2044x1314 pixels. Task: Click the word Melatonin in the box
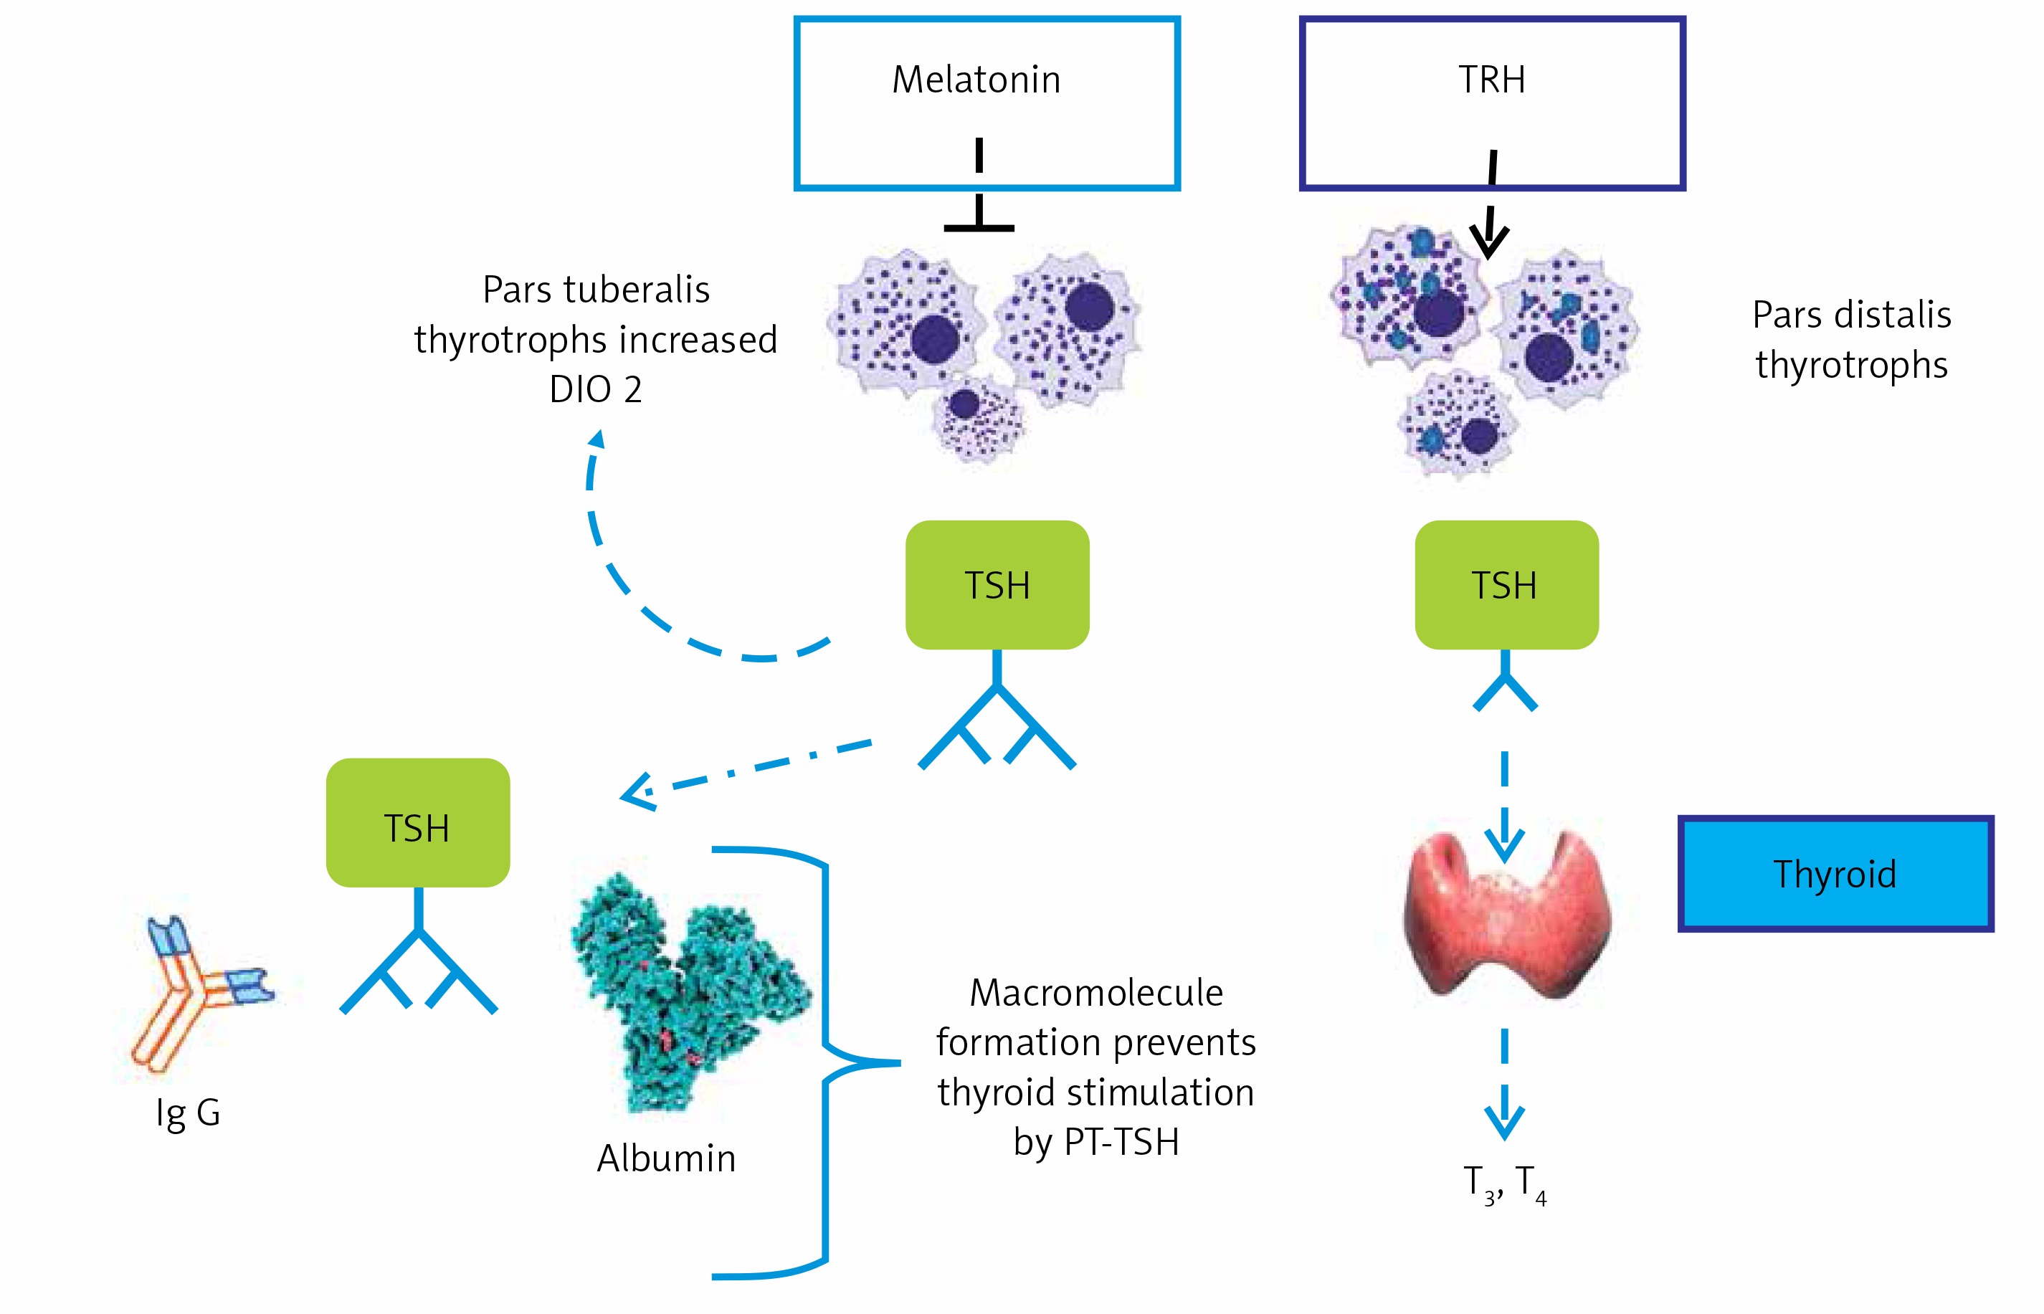[976, 80]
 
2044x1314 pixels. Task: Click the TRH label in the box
[1491, 80]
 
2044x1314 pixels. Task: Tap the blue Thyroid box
[1834, 874]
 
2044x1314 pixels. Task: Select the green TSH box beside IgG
[417, 824]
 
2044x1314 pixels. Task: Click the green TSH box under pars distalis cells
[1506, 586]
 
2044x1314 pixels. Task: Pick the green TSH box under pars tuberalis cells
[997, 586]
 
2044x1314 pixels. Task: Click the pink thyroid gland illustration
[1506, 918]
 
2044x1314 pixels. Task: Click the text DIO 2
[596, 390]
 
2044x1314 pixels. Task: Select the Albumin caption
[665, 1158]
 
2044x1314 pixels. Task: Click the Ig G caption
[188, 1113]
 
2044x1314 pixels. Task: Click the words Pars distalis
[1851, 315]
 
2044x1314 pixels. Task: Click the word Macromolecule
[1096, 992]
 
